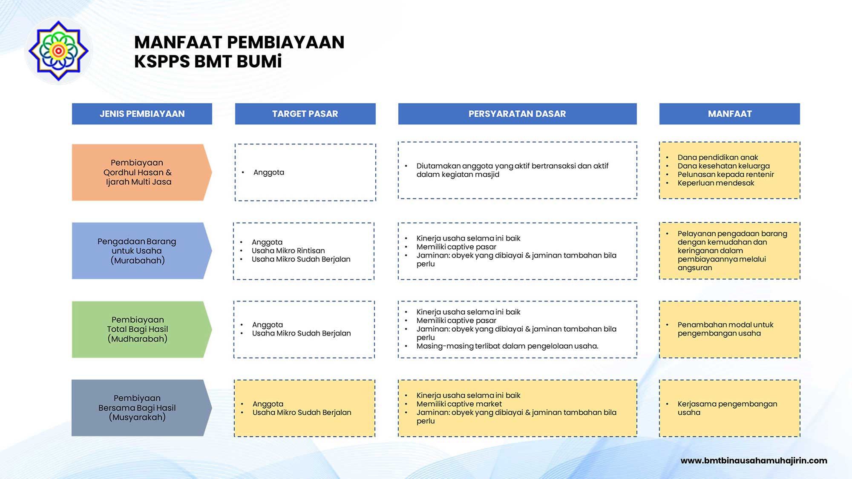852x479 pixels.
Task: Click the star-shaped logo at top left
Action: coord(58,51)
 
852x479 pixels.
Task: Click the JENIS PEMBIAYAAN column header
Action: coord(142,114)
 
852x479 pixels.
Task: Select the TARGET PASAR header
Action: coord(305,114)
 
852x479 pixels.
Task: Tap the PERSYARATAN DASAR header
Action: coord(517,114)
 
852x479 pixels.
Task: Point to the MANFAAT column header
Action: coord(729,114)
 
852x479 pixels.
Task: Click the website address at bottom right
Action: coord(754,460)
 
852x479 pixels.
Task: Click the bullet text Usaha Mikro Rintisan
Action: coord(288,251)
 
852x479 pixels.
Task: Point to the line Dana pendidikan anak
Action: coord(718,158)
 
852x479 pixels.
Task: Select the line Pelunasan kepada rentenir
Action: coord(725,175)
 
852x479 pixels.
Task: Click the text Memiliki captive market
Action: coord(459,404)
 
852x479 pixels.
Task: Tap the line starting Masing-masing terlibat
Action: coord(507,346)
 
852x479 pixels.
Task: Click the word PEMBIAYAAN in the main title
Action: coord(285,43)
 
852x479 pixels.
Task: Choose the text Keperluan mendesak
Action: coord(716,183)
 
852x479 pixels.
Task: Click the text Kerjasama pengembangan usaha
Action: coord(727,408)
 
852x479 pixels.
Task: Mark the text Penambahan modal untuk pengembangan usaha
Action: coord(725,329)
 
